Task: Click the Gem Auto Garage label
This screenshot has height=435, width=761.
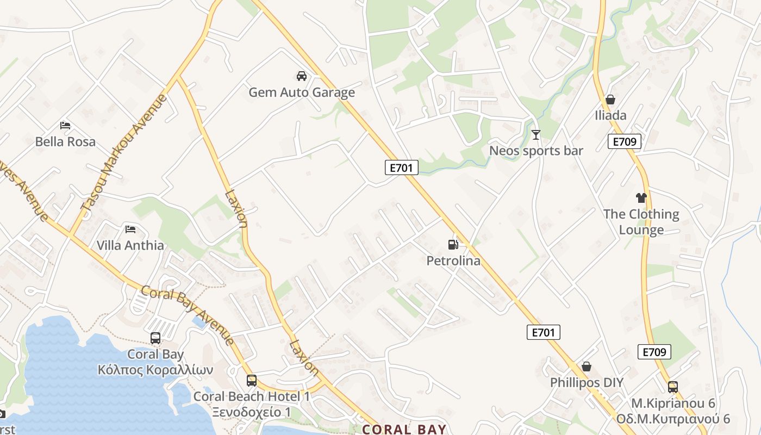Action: [x=302, y=92]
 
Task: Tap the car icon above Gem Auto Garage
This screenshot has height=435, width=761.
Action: [x=302, y=76]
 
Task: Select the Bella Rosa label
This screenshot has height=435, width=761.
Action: [x=65, y=142]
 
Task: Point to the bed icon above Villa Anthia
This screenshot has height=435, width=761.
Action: [x=130, y=229]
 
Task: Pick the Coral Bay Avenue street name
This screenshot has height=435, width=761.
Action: [x=188, y=315]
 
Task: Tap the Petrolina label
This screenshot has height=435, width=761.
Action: [x=453, y=261]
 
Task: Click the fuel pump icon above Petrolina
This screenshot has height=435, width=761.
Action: [x=453, y=245]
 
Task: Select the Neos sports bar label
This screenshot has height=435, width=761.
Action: [x=536, y=151]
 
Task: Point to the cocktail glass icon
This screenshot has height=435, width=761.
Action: [x=536, y=134]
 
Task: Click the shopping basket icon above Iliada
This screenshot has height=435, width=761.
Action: [x=610, y=100]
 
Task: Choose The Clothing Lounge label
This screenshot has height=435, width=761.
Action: [x=641, y=222]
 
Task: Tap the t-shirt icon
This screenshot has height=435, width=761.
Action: [x=641, y=198]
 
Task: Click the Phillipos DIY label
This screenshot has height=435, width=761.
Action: [x=587, y=383]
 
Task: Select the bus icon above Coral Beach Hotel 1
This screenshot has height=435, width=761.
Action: [x=251, y=381]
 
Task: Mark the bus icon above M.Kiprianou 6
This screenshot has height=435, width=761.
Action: [x=673, y=387]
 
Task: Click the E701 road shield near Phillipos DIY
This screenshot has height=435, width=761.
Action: [x=543, y=332]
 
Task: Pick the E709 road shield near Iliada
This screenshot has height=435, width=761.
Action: [x=624, y=142]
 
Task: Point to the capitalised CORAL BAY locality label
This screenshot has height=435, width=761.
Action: [x=404, y=429]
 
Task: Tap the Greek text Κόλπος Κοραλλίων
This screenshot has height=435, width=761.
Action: [x=155, y=370]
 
